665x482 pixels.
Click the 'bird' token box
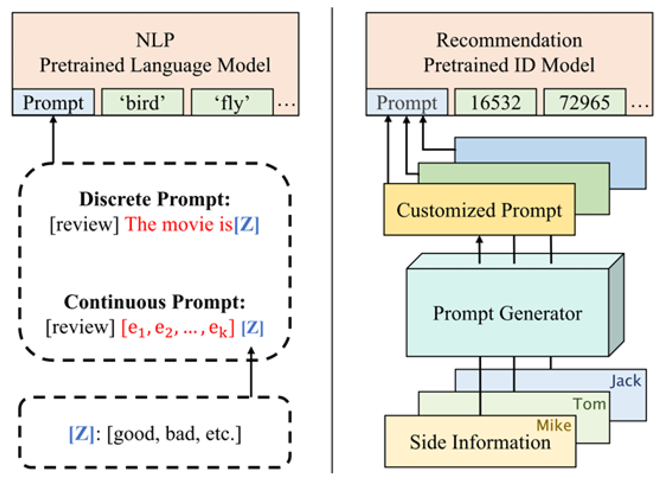point(142,102)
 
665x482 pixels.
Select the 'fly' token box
point(232,102)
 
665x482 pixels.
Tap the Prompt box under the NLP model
point(53,102)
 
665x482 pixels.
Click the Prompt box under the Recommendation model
point(407,102)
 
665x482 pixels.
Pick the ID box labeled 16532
point(495,102)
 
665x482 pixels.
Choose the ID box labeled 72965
point(585,102)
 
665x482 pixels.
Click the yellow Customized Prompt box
point(479,210)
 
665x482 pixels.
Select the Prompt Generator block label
point(507,313)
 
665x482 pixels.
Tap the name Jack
point(625,381)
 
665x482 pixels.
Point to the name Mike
point(554,425)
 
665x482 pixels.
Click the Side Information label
point(480,443)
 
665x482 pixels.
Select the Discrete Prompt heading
point(155,199)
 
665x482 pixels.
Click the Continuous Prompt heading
point(155,302)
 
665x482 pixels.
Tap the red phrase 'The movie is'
point(179,225)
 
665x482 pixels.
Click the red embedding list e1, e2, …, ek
point(178,328)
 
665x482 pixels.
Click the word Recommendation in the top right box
point(509,40)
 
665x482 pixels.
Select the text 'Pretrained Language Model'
point(155,65)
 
